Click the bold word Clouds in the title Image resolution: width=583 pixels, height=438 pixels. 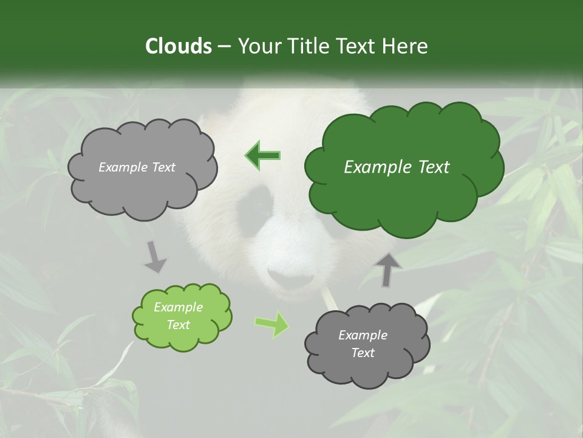coord(178,46)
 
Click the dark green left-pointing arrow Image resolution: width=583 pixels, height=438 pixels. coord(262,155)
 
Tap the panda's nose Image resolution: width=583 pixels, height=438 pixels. coord(290,277)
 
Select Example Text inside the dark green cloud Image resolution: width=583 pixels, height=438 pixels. coord(397,167)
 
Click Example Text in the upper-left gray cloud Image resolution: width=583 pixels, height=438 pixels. coord(137,167)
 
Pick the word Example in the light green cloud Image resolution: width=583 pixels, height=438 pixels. coord(178,307)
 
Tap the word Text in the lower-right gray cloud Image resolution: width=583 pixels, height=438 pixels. coord(363,353)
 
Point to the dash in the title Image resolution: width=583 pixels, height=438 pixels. coord(223,46)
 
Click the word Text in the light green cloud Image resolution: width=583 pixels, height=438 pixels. coord(178,325)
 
